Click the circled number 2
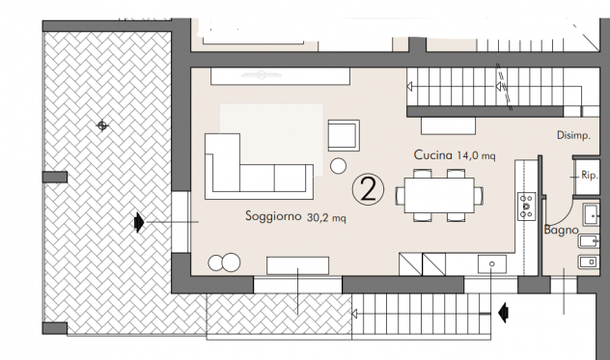(x=368, y=189)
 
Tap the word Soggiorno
(x=273, y=215)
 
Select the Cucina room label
(x=432, y=154)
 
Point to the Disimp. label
(x=573, y=135)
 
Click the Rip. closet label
(x=589, y=175)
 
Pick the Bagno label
(x=561, y=230)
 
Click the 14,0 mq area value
(x=476, y=156)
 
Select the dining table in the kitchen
(x=439, y=195)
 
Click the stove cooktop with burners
(x=526, y=207)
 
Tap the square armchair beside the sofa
(x=344, y=135)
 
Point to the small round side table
(x=338, y=166)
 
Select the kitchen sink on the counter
(x=492, y=263)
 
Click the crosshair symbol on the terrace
(x=102, y=125)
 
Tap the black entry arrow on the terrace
(x=139, y=223)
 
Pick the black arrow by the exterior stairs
(x=504, y=313)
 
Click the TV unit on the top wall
(x=280, y=76)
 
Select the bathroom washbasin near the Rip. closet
(x=591, y=215)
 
